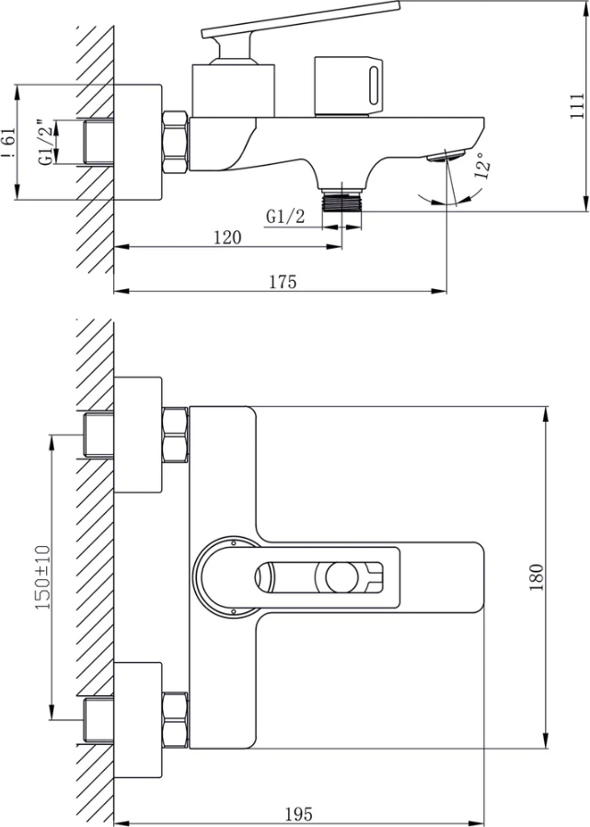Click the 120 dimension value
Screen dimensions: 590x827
tap(227, 238)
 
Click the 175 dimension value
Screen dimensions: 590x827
tap(283, 282)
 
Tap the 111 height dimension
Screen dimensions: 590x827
tap(578, 106)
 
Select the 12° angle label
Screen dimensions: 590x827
tap(482, 165)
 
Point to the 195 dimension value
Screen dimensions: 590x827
tap(299, 814)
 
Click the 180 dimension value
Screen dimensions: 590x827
tap(537, 577)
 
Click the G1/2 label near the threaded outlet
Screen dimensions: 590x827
tap(285, 216)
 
